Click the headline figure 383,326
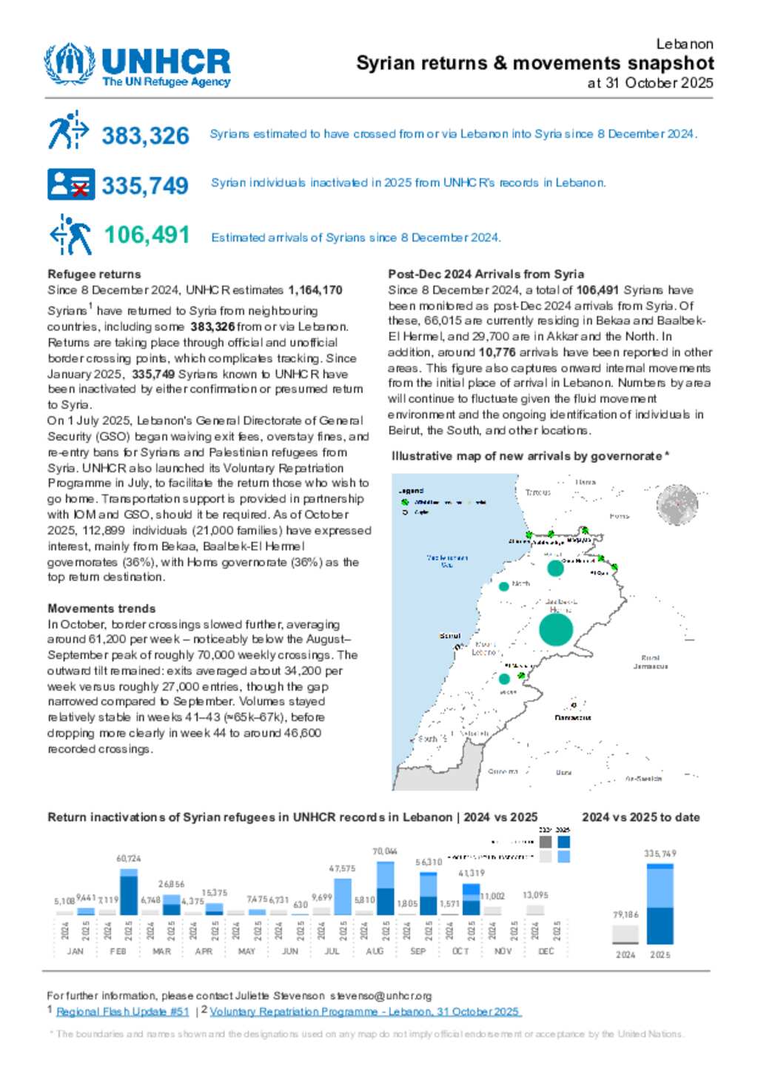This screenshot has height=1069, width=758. [x=145, y=135]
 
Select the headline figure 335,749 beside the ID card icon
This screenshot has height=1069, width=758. [x=145, y=185]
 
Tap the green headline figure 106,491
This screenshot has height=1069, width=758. [x=147, y=235]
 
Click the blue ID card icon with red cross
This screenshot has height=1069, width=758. [x=71, y=184]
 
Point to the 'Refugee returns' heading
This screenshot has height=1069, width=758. [x=94, y=274]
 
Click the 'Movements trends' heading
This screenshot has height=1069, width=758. [x=101, y=609]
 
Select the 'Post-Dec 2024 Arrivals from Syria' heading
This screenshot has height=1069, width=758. [x=486, y=274]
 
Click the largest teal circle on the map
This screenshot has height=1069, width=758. [x=556, y=630]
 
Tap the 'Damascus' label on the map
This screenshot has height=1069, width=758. [x=573, y=717]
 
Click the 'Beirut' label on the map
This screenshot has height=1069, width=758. [x=449, y=636]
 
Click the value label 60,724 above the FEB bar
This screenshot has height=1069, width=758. [x=128, y=859]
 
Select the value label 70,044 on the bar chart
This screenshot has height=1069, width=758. [x=385, y=851]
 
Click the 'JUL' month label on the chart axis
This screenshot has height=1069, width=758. [x=332, y=951]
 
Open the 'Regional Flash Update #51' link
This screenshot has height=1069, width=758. [x=122, y=1011]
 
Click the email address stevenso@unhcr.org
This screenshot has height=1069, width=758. [x=380, y=996]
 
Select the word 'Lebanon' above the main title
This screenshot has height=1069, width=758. [x=685, y=44]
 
